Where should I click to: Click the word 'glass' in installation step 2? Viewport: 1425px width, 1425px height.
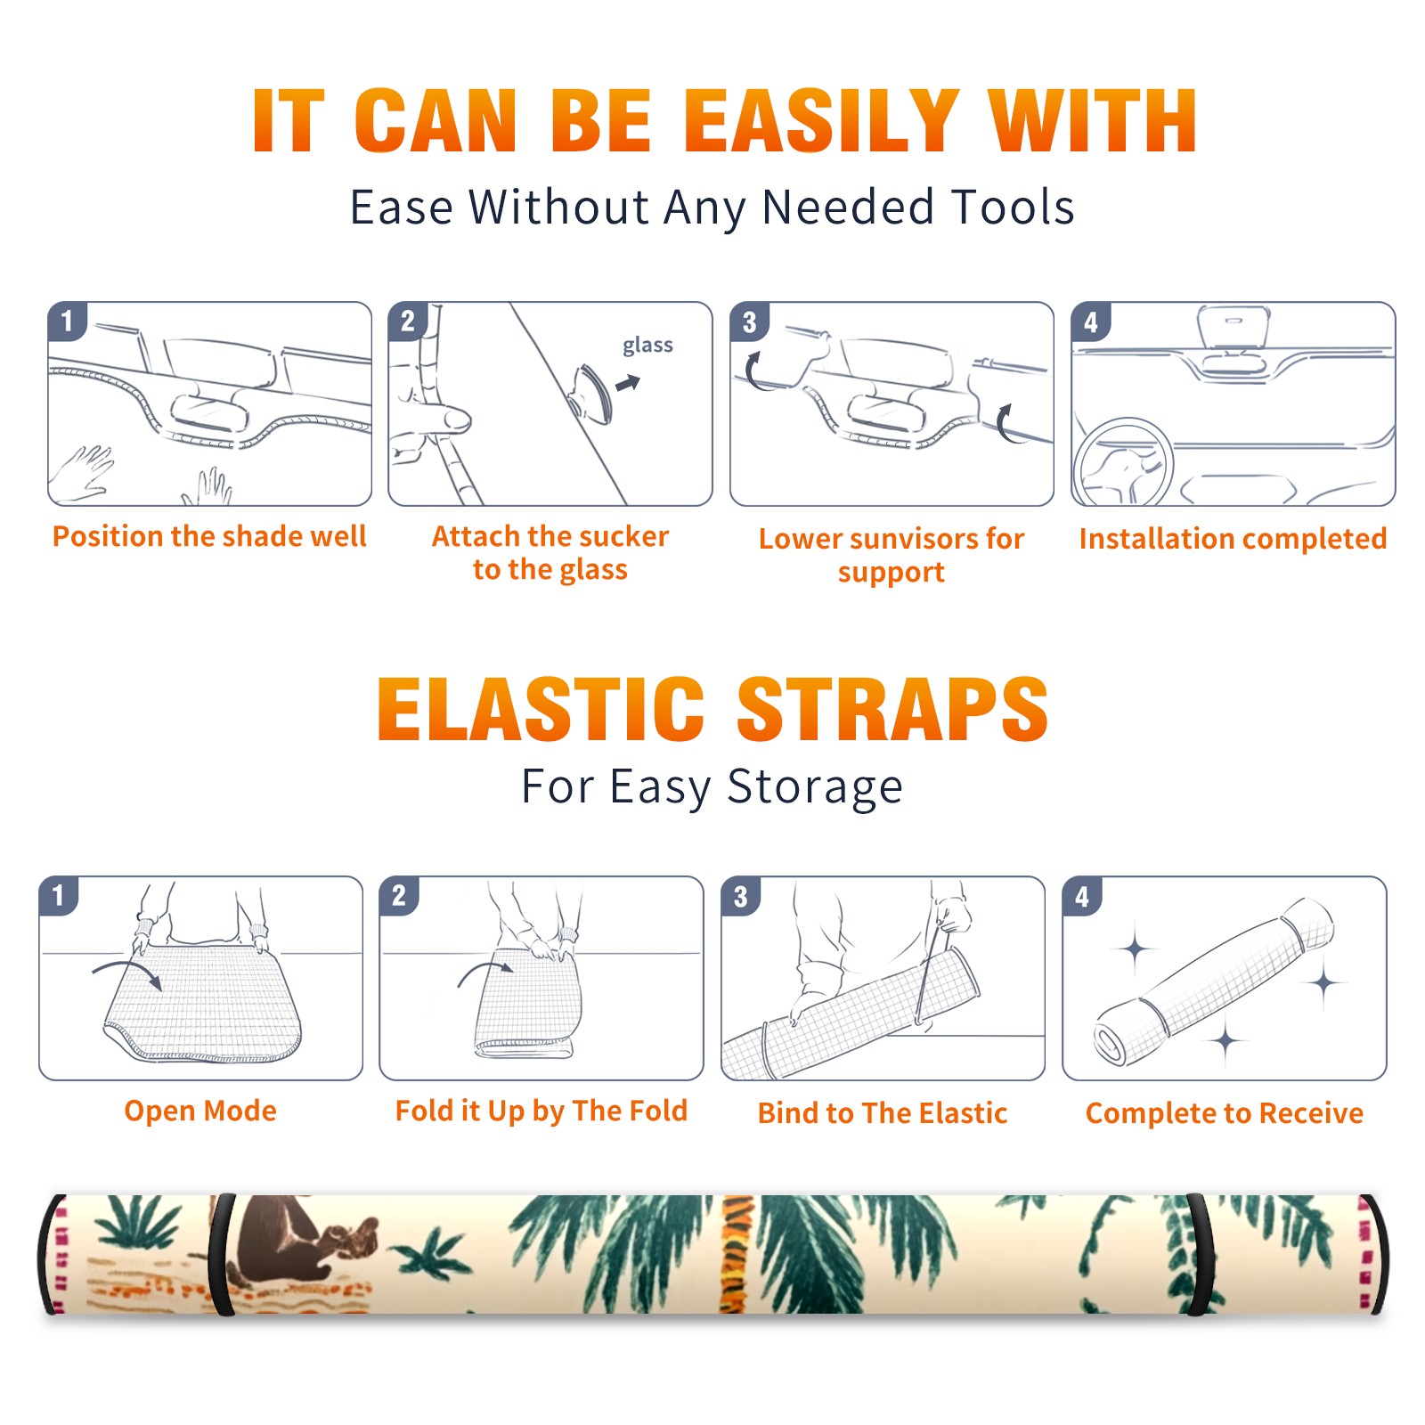coord(647,346)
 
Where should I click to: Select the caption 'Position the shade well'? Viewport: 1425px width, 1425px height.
coord(209,536)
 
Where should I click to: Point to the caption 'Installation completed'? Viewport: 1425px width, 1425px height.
coord(1233,538)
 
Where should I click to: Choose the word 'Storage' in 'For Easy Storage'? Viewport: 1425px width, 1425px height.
coord(815,787)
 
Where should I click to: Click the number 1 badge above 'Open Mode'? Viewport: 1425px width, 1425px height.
coord(59,895)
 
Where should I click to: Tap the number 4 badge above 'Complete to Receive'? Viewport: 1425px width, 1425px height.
coord(1082,896)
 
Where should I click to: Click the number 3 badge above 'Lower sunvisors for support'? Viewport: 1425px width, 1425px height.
coord(749,322)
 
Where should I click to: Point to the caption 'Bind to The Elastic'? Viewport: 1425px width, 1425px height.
coord(882,1112)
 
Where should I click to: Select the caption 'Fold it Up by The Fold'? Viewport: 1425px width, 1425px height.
coord(541,1111)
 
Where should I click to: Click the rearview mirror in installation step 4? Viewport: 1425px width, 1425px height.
coord(1233,327)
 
